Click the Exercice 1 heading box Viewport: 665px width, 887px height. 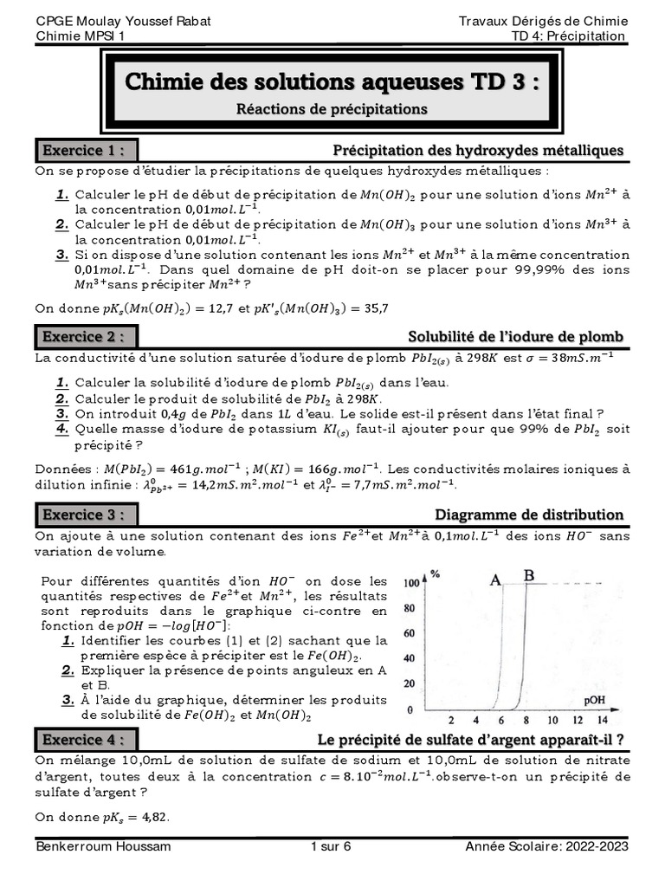[x=87, y=151]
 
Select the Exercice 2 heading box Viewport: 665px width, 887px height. [x=87, y=336]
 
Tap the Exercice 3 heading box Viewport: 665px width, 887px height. [x=87, y=515]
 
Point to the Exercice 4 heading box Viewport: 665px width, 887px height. [x=87, y=739]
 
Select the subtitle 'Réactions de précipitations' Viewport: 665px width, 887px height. [x=332, y=109]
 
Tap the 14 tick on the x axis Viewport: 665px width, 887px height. [x=603, y=720]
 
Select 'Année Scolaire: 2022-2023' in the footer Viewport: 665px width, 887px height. [x=546, y=846]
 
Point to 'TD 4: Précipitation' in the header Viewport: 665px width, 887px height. [x=568, y=36]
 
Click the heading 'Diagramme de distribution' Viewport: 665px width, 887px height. [x=529, y=515]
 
